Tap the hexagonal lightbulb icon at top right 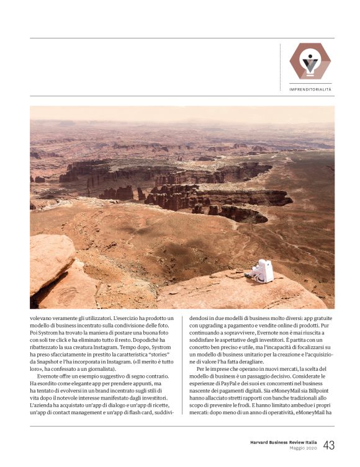pyautogui.click(x=310, y=61)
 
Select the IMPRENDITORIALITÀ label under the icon pyautogui.click(x=310, y=89)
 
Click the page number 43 pyautogui.click(x=329, y=445)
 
